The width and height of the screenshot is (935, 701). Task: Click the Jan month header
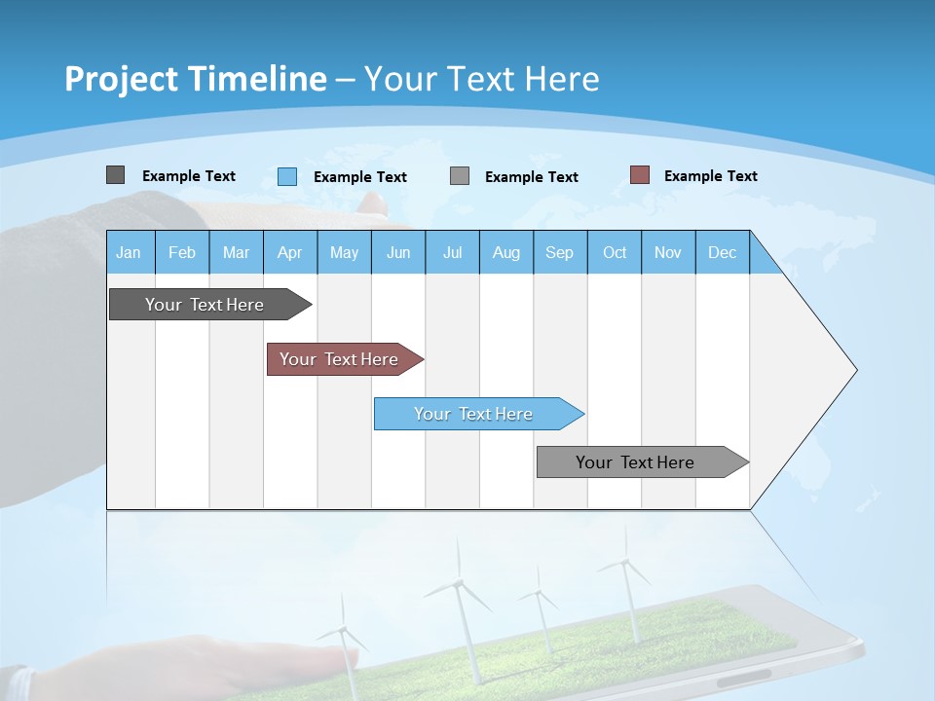pyautogui.click(x=130, y=252)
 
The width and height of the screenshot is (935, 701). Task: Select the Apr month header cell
pyautogui.click(x=290, y=252)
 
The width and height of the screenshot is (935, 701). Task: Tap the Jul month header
pyautogui.click(x=452, y=252)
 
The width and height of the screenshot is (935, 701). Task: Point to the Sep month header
pyautogui.click(x=560, y=252)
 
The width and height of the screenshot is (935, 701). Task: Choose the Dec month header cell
pyautogui.click(x=722, y=252)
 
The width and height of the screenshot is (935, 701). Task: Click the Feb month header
pyautogui.click(x=182, y=252)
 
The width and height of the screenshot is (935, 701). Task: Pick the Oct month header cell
pyautogui.click(x=615, y=252)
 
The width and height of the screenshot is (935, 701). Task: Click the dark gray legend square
pyautogui.click(x=116, y=175)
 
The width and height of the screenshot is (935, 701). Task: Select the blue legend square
pyautogui.click(x=287, y=176)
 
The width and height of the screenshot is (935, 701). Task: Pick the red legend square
pyautogui.click(x=639, y=175)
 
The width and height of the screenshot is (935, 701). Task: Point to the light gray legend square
pyautogui.click(x=460, y=176)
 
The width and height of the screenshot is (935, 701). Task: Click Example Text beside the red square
pyautogui.click(x=710, y=176)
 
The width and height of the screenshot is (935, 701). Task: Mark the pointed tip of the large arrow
pyautogui.click(x=854, y=370)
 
